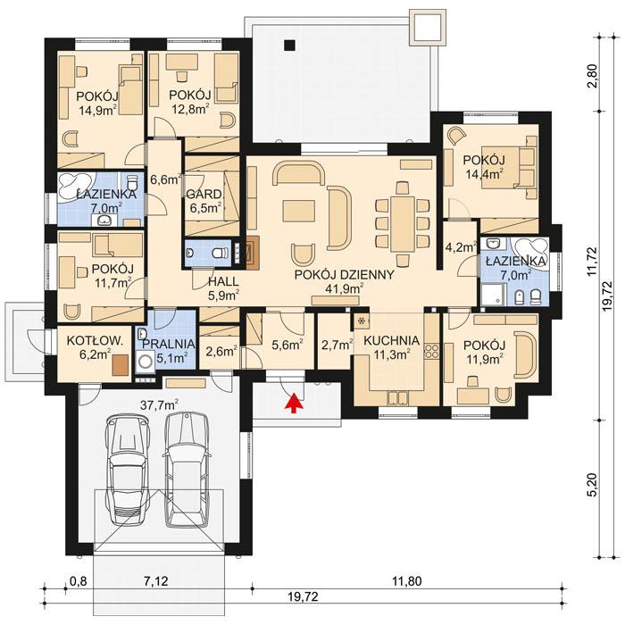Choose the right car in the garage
coord(185,469)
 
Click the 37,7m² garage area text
coord(159,404)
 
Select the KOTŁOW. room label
coord(93,339)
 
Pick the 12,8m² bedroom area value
coord(188,109)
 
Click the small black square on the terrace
coord(288,46)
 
